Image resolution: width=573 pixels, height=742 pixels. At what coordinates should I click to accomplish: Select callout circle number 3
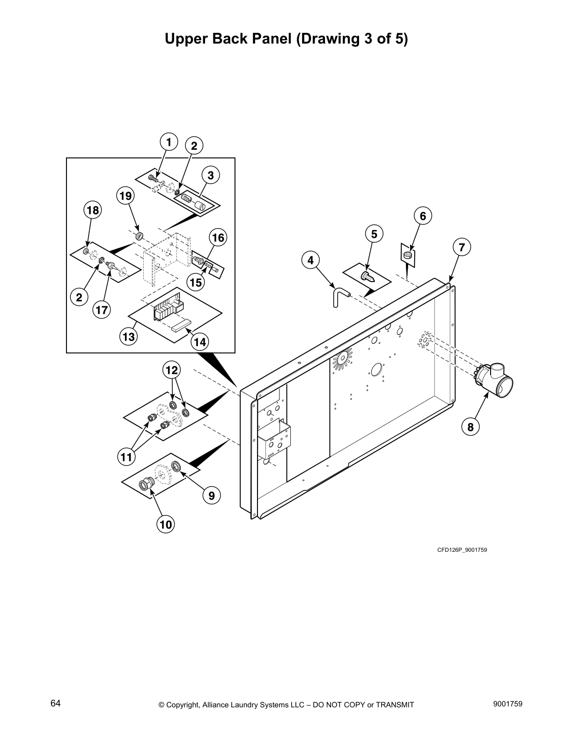(211, 175)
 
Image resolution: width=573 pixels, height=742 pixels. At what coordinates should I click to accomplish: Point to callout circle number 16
(218, 237)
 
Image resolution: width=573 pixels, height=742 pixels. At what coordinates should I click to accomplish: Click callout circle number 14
(199, 342)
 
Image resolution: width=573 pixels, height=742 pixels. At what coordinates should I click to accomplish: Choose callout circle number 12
(172, 371)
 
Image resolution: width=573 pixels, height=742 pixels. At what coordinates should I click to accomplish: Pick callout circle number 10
(166, 524)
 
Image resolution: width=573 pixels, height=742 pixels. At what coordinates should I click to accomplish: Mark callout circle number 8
(470, 427)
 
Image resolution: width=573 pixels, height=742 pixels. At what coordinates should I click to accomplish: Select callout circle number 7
(462, 247)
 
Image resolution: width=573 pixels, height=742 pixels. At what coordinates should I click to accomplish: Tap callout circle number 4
(311, 260)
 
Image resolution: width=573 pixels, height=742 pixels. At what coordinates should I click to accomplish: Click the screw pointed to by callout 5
(368, 277)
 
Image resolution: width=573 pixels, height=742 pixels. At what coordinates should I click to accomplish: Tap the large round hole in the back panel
(375, 370)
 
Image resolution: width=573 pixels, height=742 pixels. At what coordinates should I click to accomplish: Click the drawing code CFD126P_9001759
(462, 549)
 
